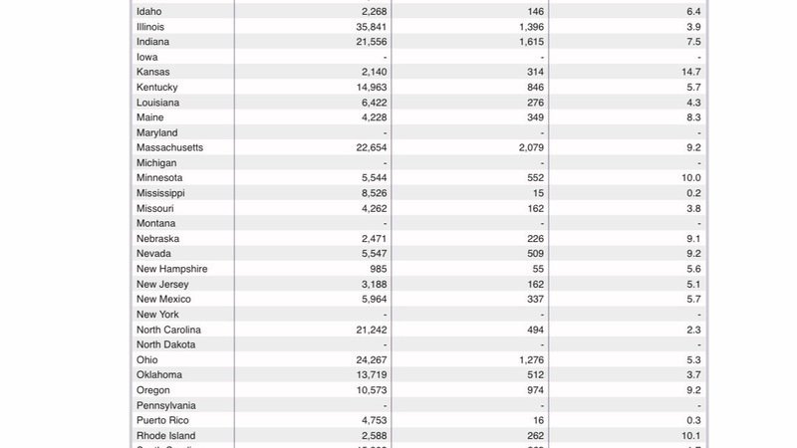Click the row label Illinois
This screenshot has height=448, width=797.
point(150,26)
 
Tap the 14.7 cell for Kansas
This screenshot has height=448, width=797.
point(690,72)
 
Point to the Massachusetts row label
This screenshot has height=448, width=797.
point(169,147)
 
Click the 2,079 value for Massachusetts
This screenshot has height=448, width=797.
point(527,147)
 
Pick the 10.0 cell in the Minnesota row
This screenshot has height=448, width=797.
point(690,177)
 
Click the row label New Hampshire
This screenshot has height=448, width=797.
point(171,269)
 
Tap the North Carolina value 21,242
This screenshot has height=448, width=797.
point(368,330)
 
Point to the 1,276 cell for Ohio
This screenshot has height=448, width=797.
point(527,359)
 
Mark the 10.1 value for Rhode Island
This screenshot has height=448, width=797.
point(690,436)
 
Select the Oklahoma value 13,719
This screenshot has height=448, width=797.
point(368,374)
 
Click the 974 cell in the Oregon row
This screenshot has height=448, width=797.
point(532,390)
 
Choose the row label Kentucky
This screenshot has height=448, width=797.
point(156,87)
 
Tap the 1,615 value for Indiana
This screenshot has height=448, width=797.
point(527,41)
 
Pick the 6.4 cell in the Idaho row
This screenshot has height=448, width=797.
point(693,11)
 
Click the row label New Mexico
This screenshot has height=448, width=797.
point(163,299)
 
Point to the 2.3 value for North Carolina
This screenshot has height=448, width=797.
point(693,330)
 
